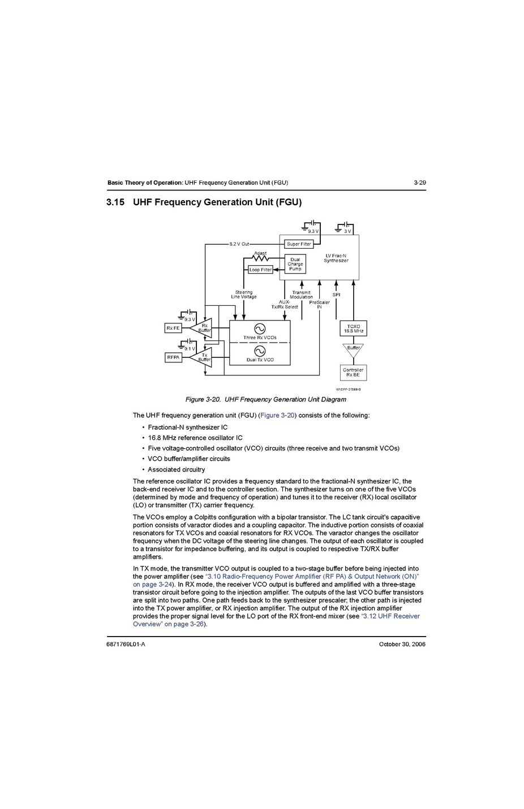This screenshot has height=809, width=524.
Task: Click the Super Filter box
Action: coord(299,244)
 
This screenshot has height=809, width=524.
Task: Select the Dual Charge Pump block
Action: coord(295,264)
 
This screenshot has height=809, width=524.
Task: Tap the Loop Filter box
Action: coord(260,270)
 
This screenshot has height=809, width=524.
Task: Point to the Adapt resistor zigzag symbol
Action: coord(260,259)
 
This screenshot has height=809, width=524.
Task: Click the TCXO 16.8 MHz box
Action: coord(353,328)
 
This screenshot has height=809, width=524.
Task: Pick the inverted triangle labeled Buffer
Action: coord(353,349)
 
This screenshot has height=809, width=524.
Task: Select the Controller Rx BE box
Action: coord(353,373)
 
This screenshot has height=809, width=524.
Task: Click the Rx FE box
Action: coord(173,328)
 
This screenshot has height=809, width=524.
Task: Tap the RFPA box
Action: coord(173,357)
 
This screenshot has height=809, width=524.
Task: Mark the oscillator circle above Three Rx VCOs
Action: coord(260,328)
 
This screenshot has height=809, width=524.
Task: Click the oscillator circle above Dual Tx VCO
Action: coord(260,351)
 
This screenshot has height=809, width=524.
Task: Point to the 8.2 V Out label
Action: coord(239,244)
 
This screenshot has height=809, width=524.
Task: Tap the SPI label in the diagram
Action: coord(336,295)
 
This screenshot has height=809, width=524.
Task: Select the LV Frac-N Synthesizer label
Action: coord(336,258)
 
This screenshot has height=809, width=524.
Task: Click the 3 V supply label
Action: coord(347,231)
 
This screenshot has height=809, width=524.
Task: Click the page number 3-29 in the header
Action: coord(419,183)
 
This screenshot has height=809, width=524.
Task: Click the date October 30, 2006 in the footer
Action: coord(402,644)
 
